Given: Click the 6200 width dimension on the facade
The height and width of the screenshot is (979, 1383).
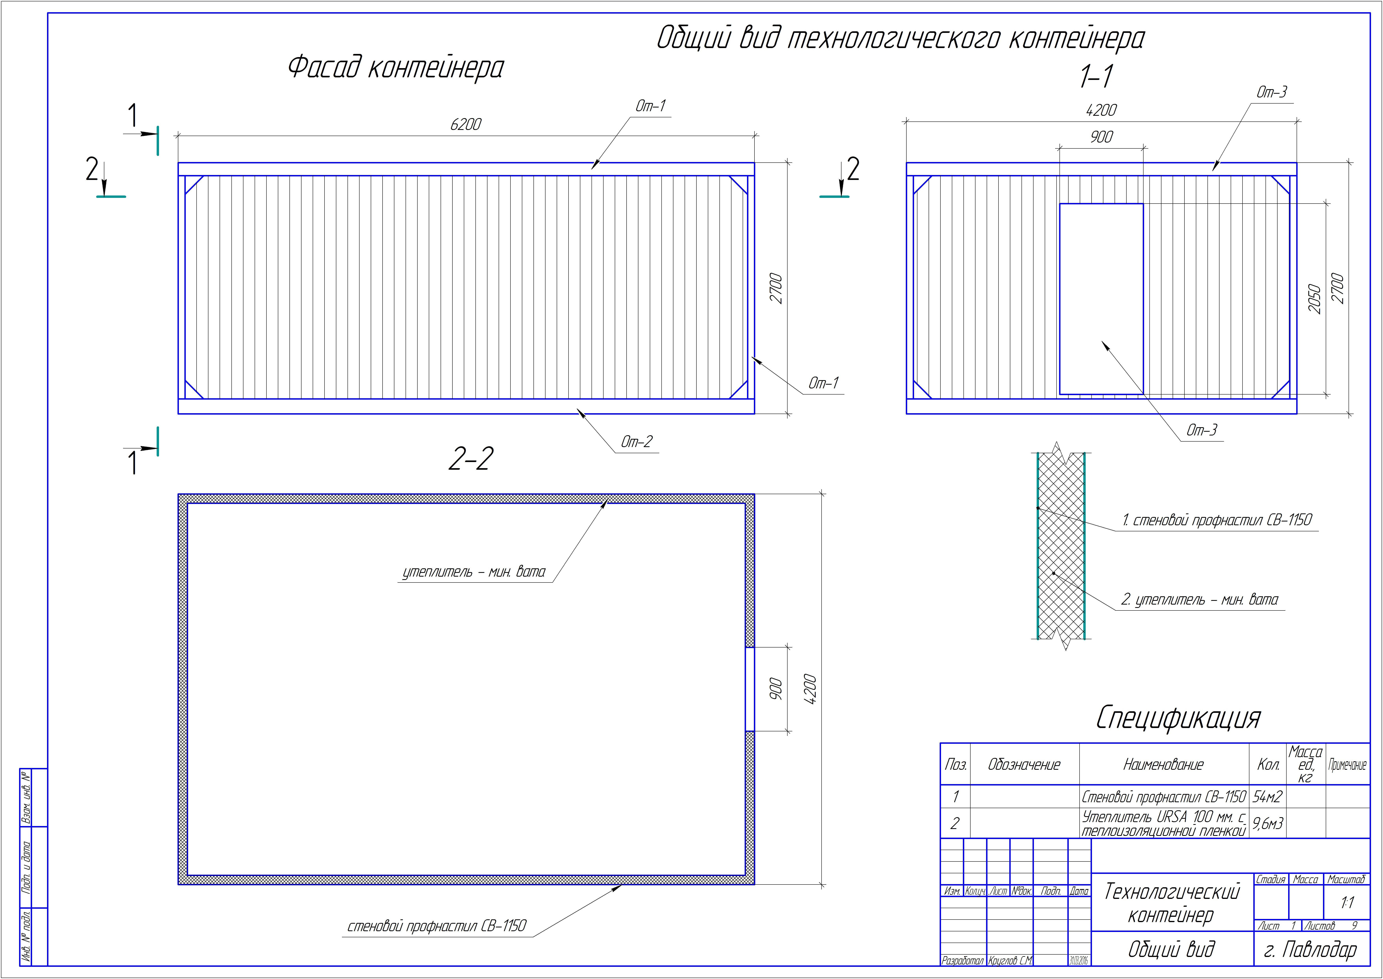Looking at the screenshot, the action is [466, 124].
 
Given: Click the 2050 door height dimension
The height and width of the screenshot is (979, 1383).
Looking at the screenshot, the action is [1314, 299].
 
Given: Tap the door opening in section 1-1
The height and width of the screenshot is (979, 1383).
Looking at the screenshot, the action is [1101, 299].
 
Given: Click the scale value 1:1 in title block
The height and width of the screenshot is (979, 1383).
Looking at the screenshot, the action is [1347, 902].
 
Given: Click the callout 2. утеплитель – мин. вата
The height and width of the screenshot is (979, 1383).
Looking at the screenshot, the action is [1199, 600].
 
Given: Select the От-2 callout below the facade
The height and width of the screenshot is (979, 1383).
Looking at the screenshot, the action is [636, 442].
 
